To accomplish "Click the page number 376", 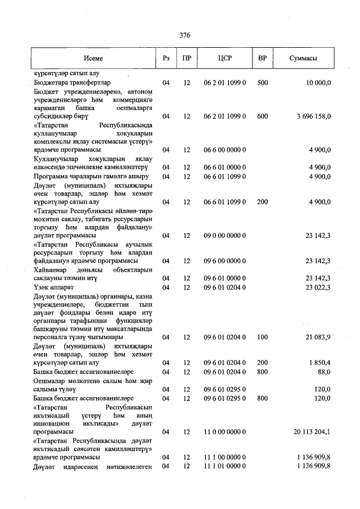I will pyautogui.click(x=185, y=35).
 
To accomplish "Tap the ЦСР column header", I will pyautogui.click(x=224, y=58).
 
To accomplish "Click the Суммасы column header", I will pyautogui.click(x=303, y=58).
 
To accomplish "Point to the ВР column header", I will pyautogui.click(x=262, y=58).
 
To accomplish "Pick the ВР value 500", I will pyautogui.click(x=262, y=83).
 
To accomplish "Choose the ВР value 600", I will pyautogui.click(x=262, y=116).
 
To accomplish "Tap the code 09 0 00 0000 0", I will pyautogui.click(x=224, y=236).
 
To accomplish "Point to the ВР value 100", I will pyautogui.click(x=262, y=337).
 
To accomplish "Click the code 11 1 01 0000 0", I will pyautogui.click(x=224, y=466).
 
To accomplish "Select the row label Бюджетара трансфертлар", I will pyautogui.click(x=72, y=83).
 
